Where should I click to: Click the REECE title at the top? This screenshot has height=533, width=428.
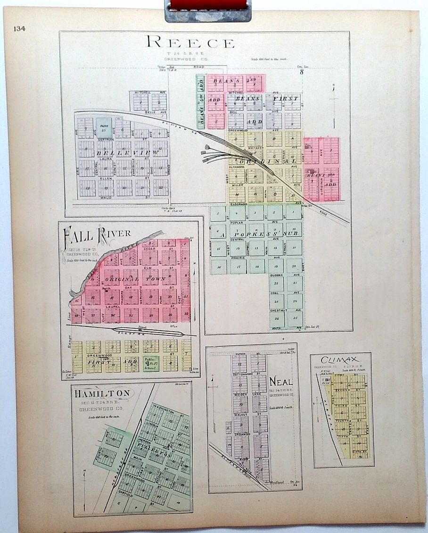tap(190, 42)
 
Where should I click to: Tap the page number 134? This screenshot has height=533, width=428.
tap(19, 28)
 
